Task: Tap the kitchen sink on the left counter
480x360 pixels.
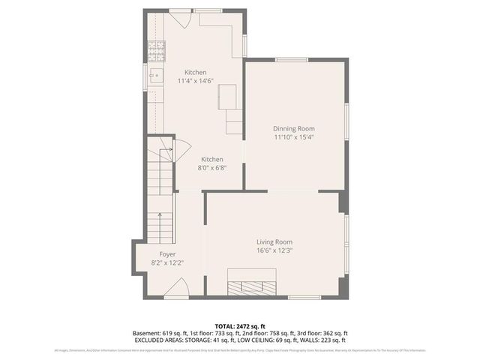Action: click(157, 74)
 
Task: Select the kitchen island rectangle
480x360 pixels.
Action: click(227, 97)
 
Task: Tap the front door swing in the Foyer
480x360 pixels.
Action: click(176, 287)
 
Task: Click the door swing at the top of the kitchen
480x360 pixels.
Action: click(187, 19)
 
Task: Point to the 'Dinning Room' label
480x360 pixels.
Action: click(293, 128)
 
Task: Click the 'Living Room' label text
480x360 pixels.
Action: click(274, 241)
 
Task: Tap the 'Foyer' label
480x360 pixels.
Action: click(166, 254)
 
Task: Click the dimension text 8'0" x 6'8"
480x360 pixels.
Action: click(211, 168)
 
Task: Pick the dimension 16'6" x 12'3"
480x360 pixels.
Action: click(274, 250)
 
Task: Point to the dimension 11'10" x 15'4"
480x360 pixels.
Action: click(293, 137)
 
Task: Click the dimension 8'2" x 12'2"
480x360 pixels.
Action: click(166, 263)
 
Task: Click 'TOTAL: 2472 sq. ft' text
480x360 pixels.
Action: click(240, 326)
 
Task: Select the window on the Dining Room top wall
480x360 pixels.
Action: click(292, 59)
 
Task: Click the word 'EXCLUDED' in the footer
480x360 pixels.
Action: click(150, 340)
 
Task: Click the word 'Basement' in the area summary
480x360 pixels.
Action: click(147, 333)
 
